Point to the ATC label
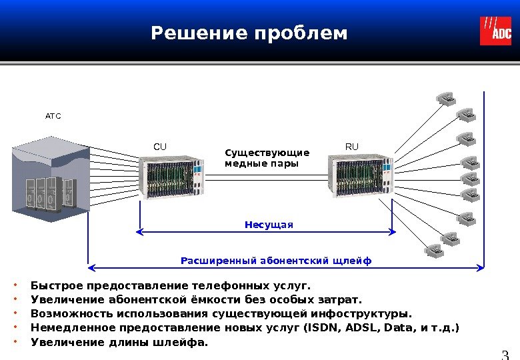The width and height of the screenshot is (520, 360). [x=53, y=117]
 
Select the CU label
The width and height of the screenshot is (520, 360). [x=160, y=146]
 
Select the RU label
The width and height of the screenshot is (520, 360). [x=351, y=146]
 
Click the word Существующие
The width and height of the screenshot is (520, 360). [x=267, y=152]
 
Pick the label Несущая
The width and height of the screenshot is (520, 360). [x=269, y=225]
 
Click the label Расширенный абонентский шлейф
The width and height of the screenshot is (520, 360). [x=276, y=259]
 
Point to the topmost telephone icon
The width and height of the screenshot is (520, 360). [x=447, y=98]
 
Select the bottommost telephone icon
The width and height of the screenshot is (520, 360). [x=433, y=249]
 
